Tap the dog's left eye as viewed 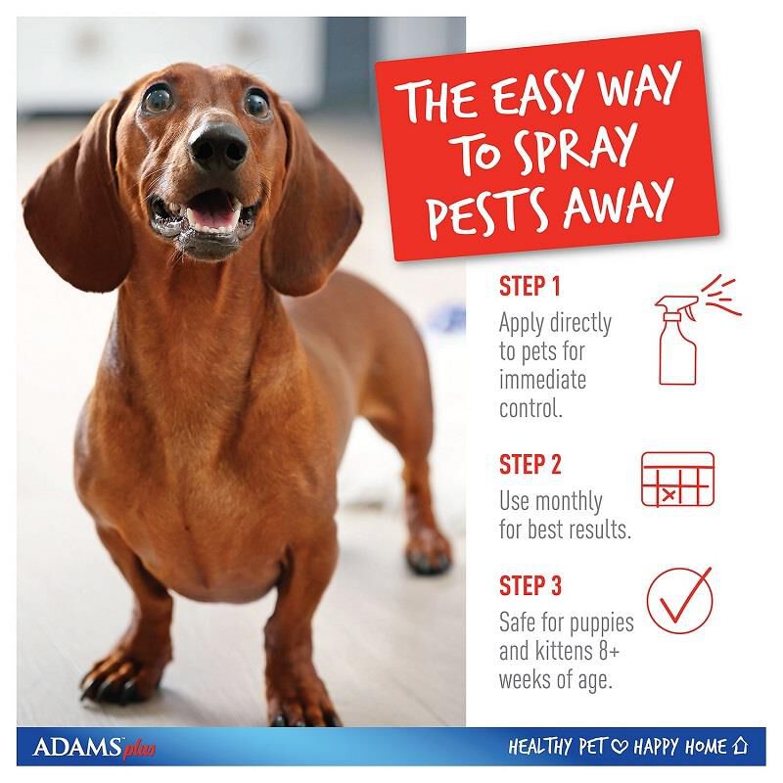point(157,98)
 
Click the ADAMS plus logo point(93,749)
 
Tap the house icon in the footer point(744,747)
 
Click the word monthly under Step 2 point(567,502)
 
